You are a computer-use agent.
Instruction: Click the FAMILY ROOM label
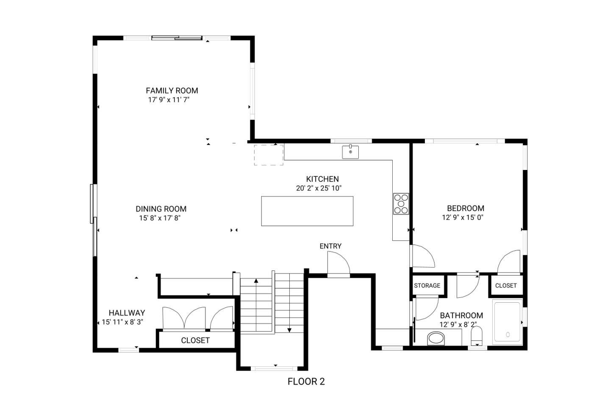click(172, 90)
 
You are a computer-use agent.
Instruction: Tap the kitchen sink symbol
click(350, 152)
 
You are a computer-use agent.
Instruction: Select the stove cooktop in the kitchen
click(401, 203)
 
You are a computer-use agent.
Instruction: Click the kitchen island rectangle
click(307, 211)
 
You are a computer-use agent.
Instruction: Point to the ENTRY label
click(330, 246)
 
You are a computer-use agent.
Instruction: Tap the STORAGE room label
click(427, 285)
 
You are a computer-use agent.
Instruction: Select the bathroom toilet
click(477, 336)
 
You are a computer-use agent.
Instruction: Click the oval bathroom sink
click(436, 338)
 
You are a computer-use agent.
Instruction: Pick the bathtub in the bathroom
click(507, 322)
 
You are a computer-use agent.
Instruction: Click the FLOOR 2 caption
click(306, 382)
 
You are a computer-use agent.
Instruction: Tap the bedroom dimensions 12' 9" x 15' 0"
click(463, 217)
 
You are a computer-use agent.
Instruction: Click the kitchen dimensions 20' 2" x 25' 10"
click(319, 188)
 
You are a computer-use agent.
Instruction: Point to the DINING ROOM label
click(161, 209)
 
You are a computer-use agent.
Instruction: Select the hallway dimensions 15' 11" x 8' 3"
click(122, 322)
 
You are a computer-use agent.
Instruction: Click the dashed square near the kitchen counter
click(269, 155)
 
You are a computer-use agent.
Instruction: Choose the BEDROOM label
click(466, 208)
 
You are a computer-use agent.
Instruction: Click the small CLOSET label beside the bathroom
click(506, 285)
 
